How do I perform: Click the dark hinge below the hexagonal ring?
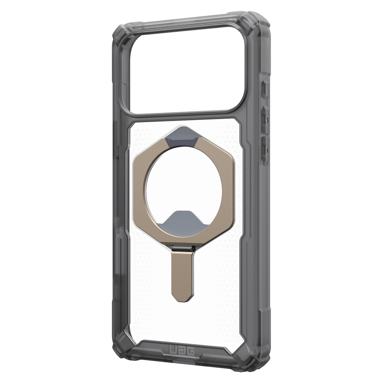pos(183,249)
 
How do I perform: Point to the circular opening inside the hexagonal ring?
pos(184,186)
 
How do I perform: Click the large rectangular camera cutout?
pos(187,70)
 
